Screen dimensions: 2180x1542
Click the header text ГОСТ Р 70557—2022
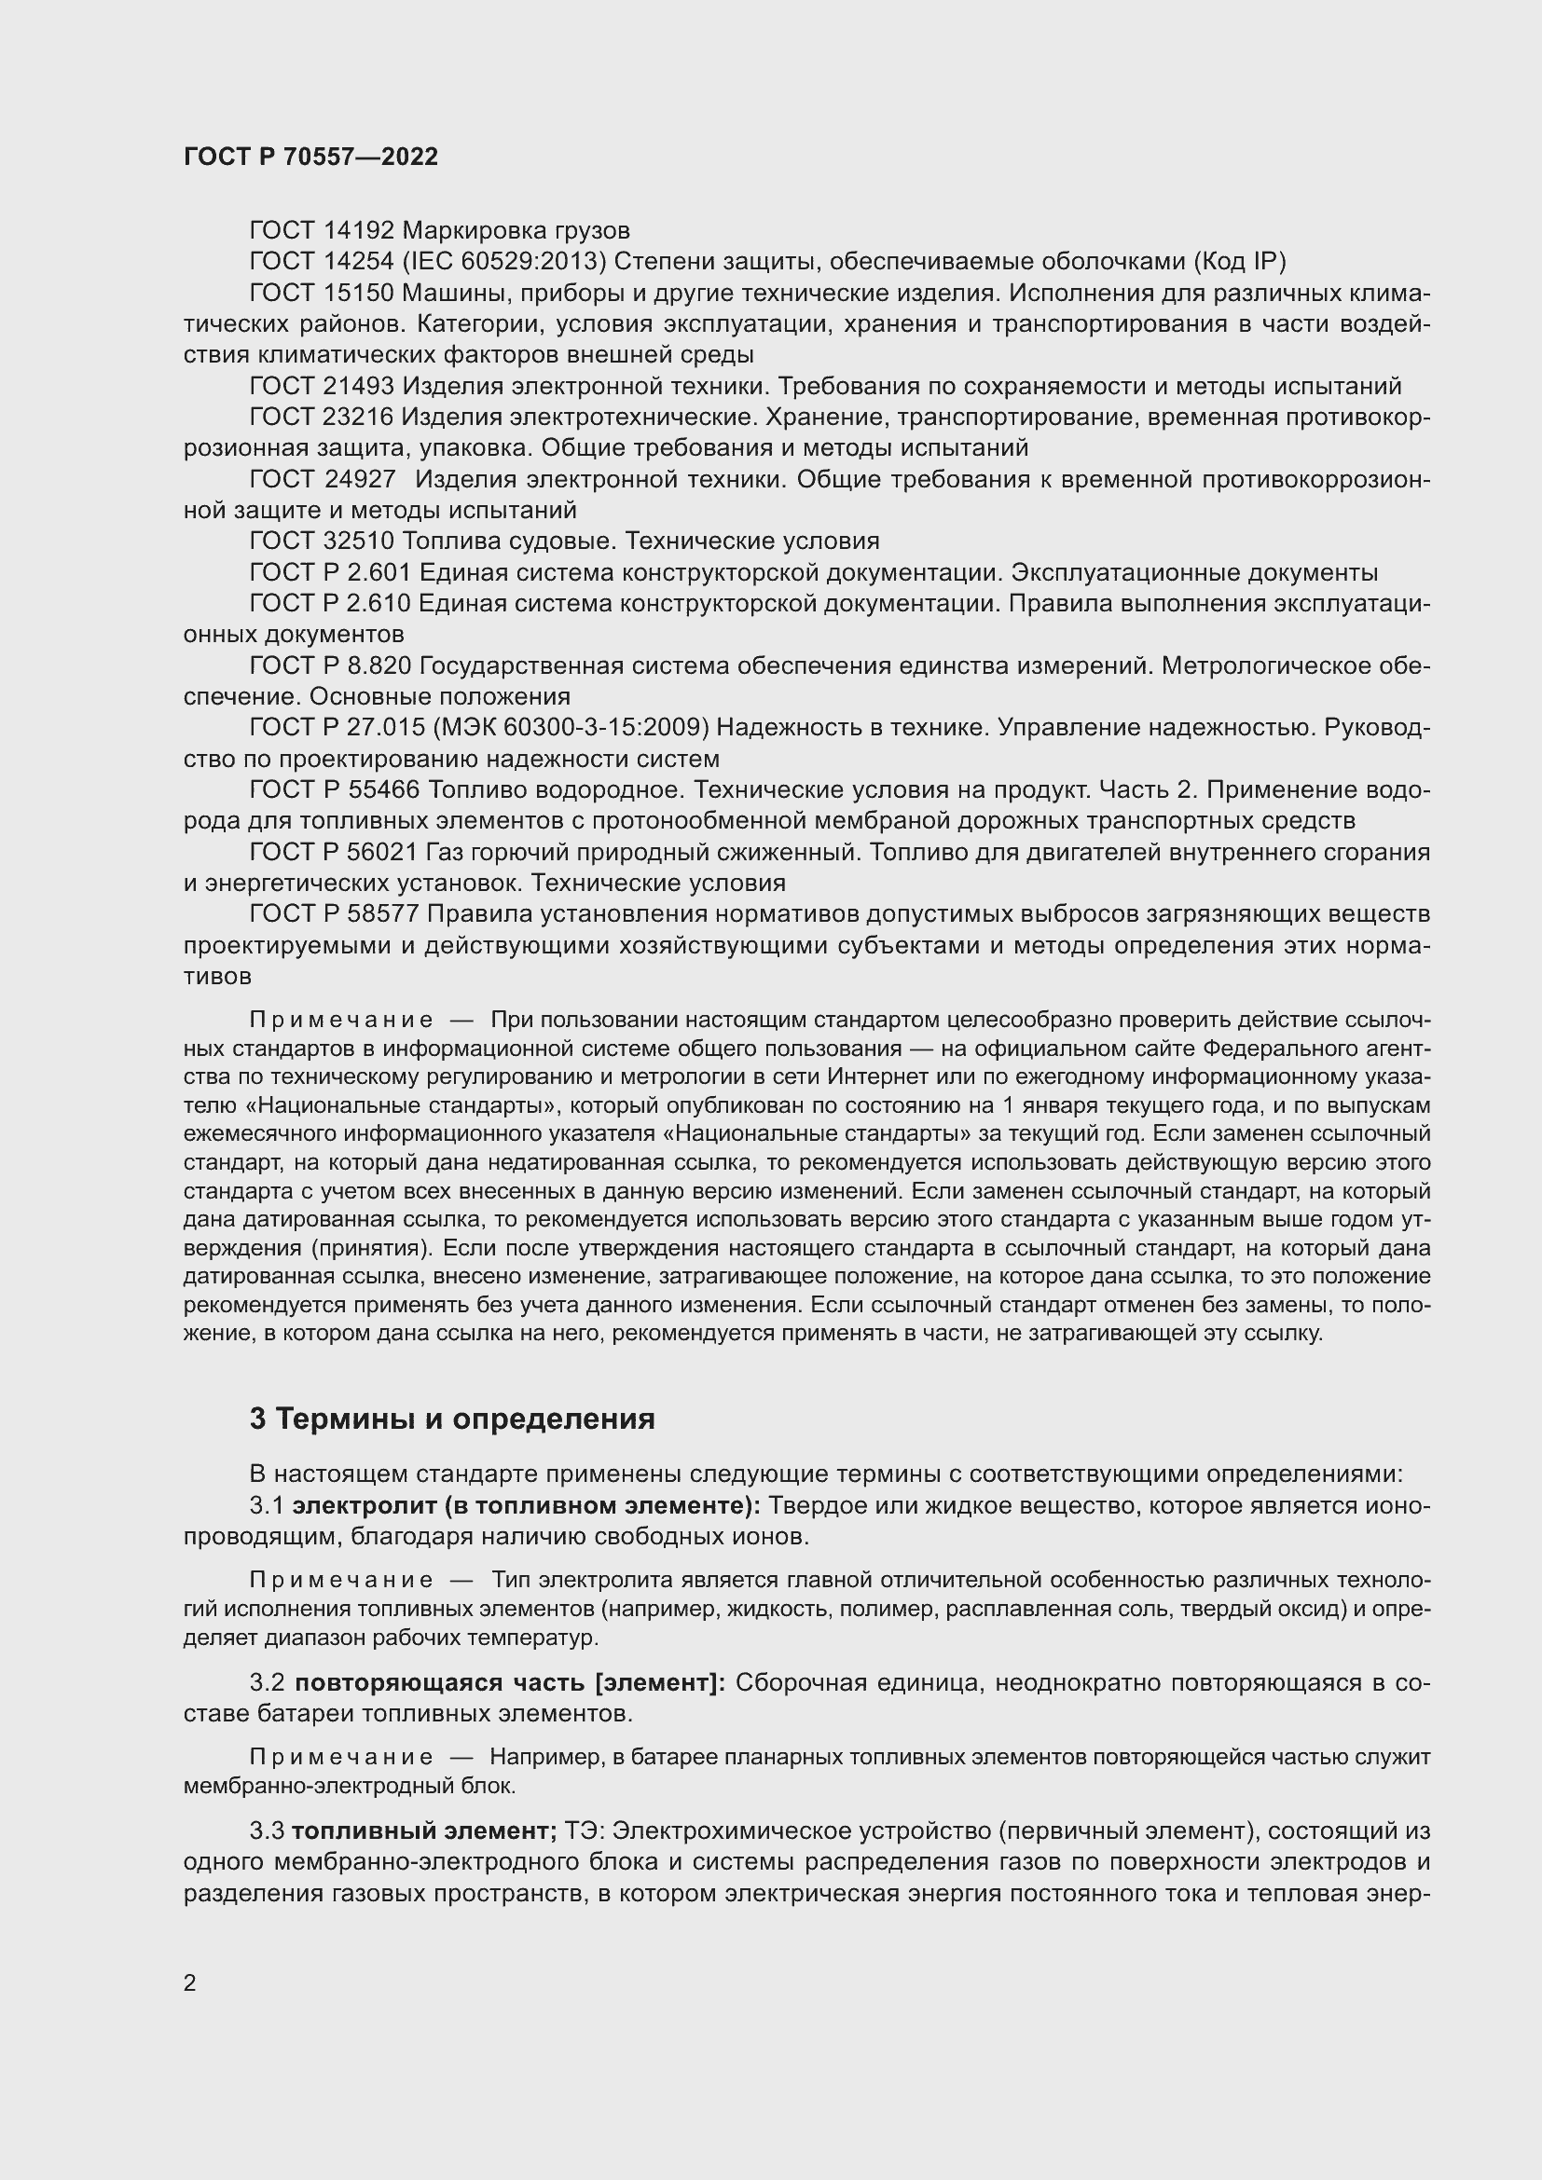point(310,157)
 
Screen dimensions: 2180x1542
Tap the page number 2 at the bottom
point(190,1983)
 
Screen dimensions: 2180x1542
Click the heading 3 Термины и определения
point(452,1419)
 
